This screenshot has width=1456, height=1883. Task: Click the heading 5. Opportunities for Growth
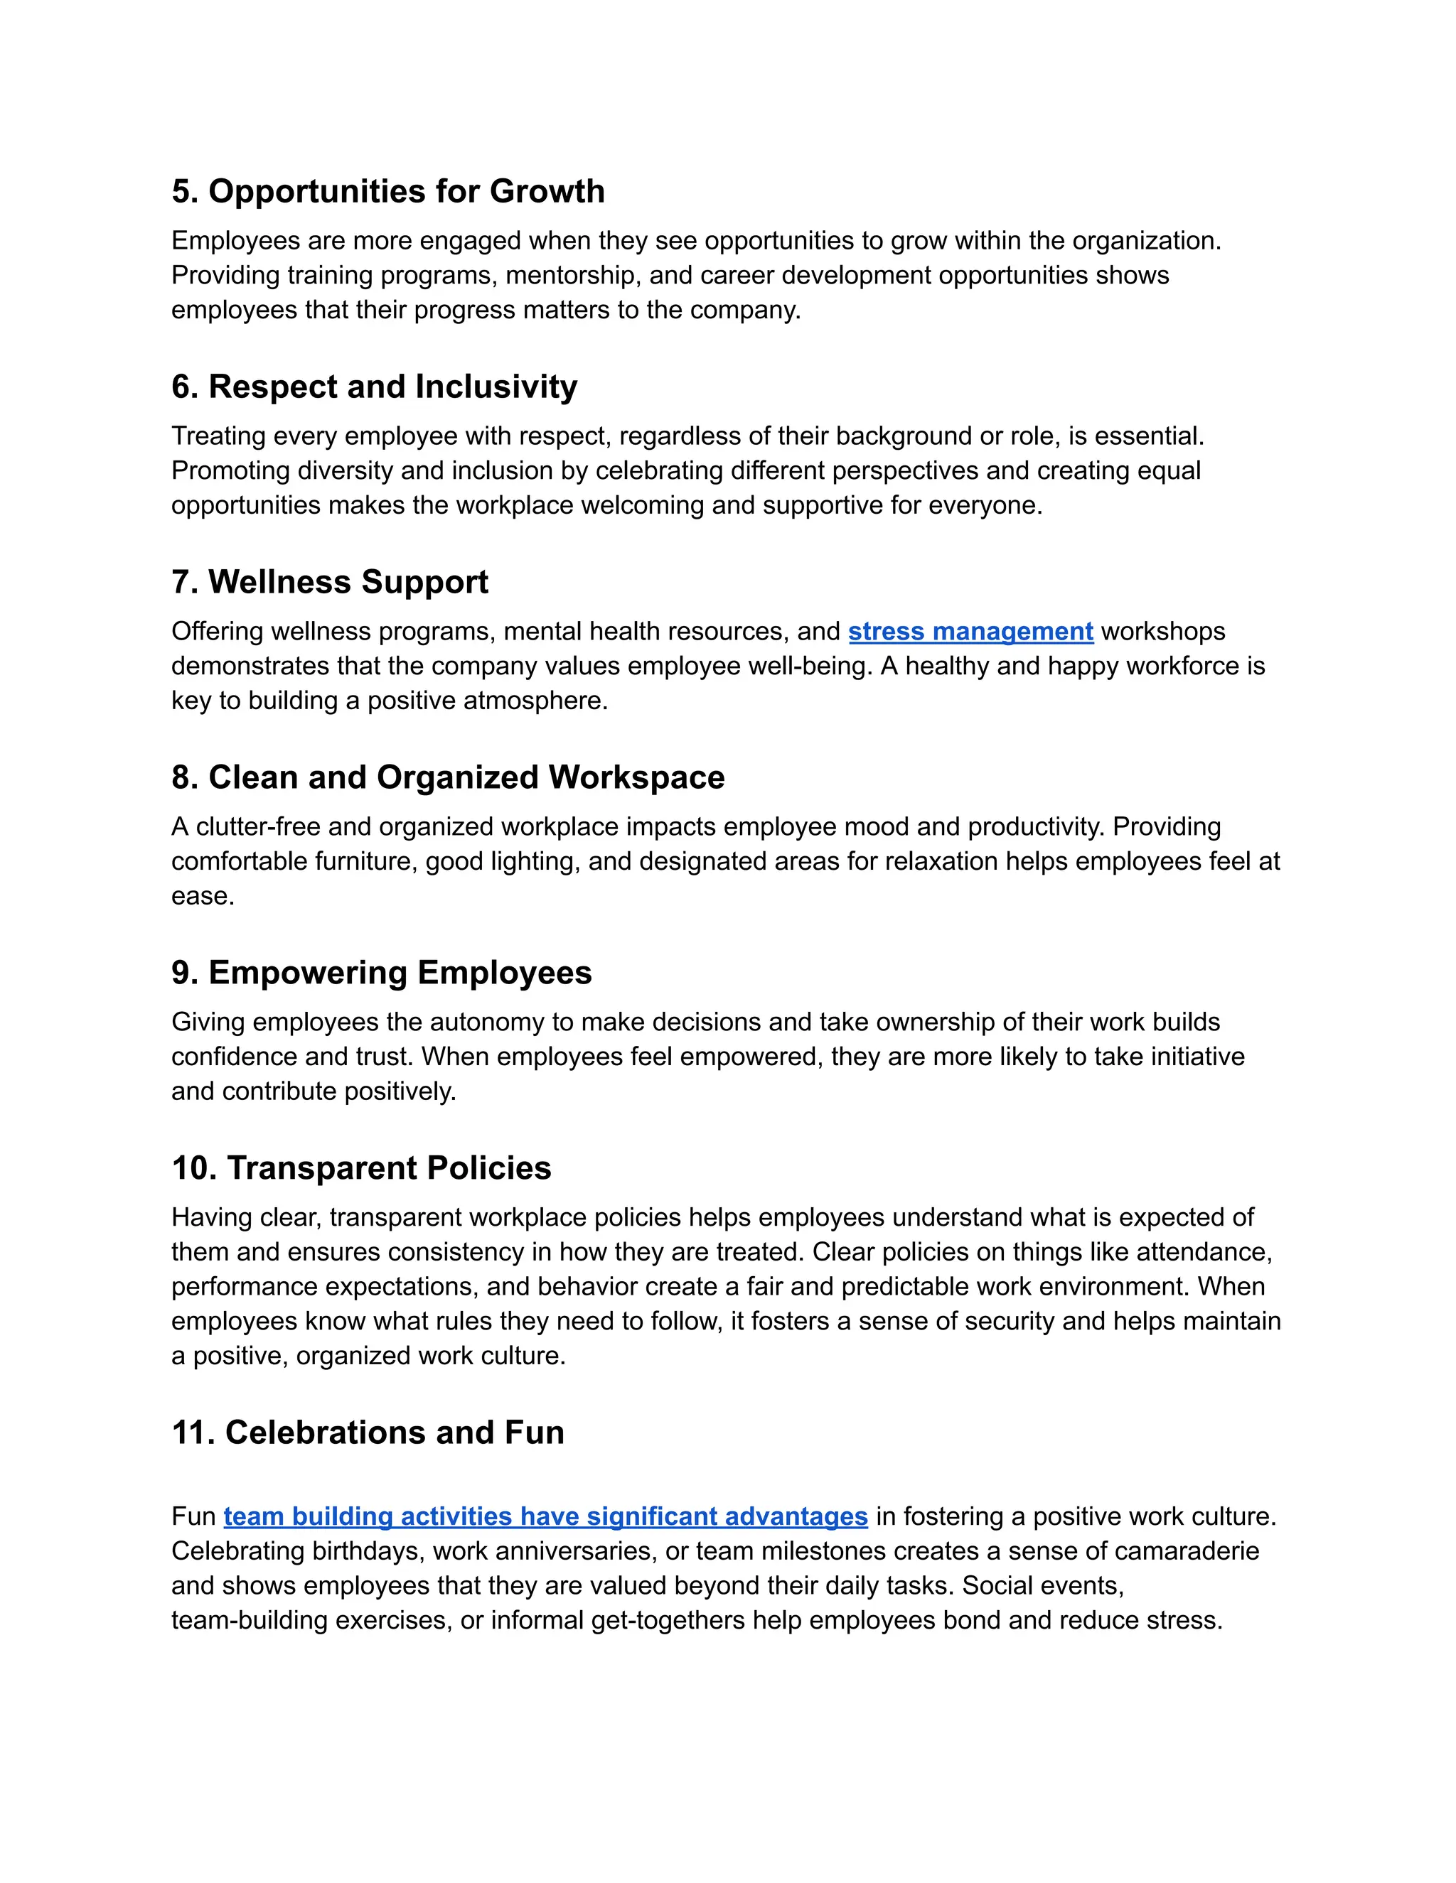pos(388,191)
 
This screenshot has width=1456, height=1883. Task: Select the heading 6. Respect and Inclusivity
pos(375,387)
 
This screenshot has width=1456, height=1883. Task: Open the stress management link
pos(970,631)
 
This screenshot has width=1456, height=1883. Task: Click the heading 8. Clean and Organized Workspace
pos(448,777)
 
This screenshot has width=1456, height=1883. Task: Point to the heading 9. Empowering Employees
pos(381,973)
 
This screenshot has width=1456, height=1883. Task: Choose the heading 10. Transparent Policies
pos(361,1168)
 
